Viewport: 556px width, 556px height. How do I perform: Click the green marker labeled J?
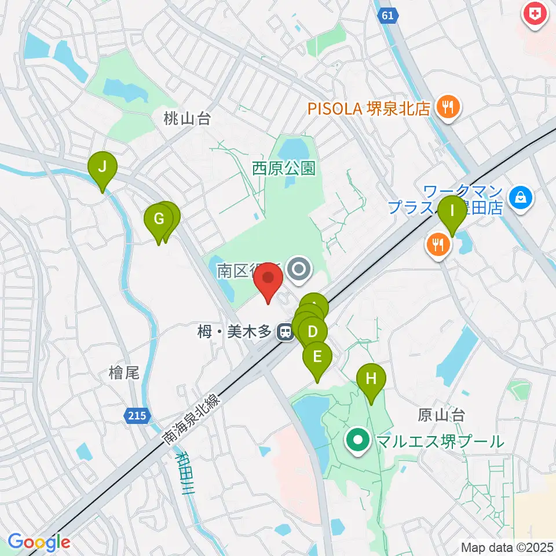[102, 169]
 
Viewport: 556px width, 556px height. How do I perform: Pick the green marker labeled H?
[371, 380]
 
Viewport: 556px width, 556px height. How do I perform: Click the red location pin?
[269, 279]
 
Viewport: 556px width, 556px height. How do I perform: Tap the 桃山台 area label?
[186, 119]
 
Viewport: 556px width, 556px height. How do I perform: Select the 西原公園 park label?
[284, 169]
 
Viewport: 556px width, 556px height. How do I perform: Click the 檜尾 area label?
[124, 373]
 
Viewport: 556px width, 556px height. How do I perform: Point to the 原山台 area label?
[441, 415]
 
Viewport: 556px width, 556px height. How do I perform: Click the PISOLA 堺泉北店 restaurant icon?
[448, 107]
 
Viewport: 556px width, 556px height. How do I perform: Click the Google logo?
[38, 542]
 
